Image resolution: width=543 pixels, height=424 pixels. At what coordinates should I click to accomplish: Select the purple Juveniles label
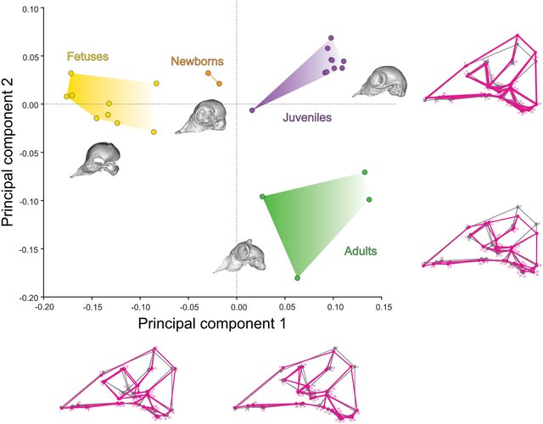coord(306,118)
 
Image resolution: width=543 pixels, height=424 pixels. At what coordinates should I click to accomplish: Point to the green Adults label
coord(361,252)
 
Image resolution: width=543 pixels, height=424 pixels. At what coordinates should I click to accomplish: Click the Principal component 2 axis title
coord(12,152)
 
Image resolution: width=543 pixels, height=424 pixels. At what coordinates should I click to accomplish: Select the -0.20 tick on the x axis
coord(44,308)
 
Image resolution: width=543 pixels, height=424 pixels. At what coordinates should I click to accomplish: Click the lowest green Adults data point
coord(297,278)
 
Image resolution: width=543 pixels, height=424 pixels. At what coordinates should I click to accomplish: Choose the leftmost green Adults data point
coord(262,197)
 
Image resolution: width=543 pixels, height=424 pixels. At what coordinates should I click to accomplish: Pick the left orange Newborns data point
coord(208,74)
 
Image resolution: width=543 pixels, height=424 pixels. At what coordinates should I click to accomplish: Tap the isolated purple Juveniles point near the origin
coord(252,110)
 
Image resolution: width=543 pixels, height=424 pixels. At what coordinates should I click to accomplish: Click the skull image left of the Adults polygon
coord(238,257)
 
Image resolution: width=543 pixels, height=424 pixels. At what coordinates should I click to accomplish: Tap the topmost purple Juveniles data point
coord(332,38)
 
